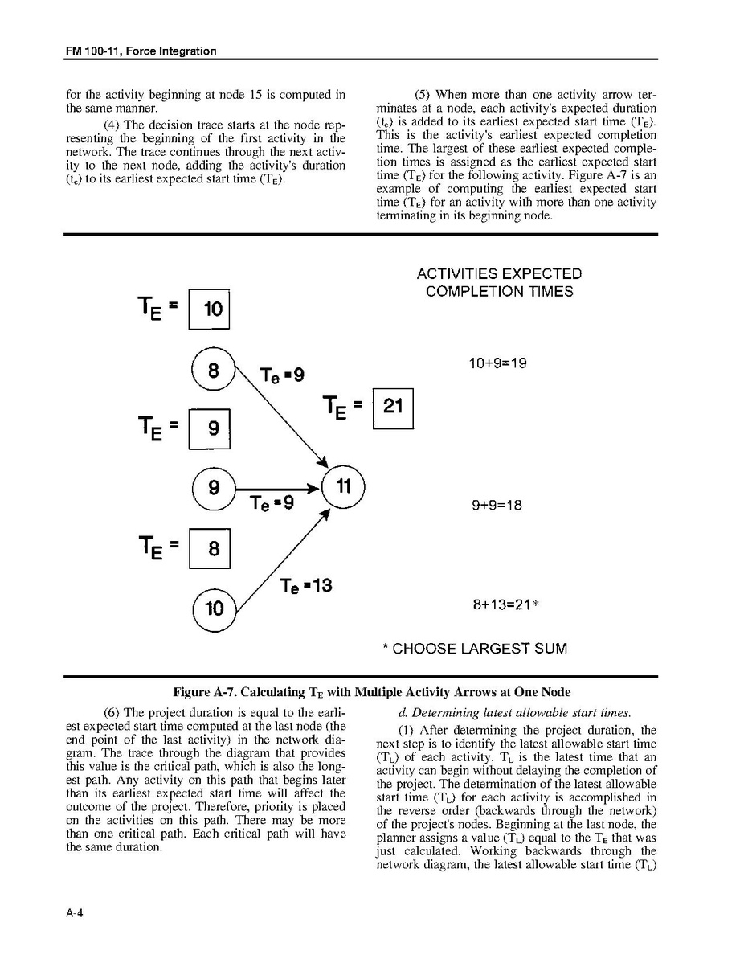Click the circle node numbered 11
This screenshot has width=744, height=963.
tap(343, 487)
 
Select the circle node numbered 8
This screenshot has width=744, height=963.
tap(213, 371)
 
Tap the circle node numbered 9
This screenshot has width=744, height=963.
tap(214, 488)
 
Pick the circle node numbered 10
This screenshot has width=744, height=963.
tap(215, 609)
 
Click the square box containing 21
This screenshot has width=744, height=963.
tap(393, 408)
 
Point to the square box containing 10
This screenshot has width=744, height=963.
tap(209, 309)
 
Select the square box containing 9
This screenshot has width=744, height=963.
tap(210, 429)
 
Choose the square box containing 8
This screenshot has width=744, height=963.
tap(210, 549)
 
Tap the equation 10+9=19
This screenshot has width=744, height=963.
tap(497, 363)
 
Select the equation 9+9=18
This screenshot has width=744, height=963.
tap(497, 506)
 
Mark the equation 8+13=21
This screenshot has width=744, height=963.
tap(501, 605)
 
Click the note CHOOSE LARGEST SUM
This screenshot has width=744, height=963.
tap(474, 649)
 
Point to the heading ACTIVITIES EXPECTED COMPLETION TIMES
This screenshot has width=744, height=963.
tap(499, 283)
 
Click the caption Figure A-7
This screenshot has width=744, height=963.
tap(372, 692)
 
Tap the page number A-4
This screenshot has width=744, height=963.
tap(76, 913)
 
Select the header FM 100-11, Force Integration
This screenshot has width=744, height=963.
tap(141, 51)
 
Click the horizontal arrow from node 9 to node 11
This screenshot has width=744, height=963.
tap(277, 488)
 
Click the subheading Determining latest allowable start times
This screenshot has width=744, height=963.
tap(514, 713)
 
